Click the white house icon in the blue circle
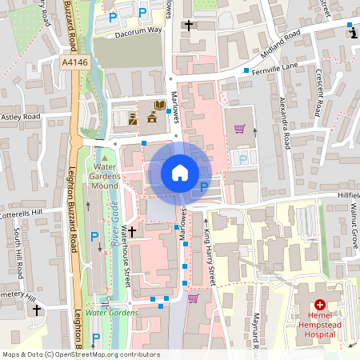point(179,173)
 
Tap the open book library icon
point(159,105)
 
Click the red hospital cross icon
point(320,305)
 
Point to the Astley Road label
point(20,117)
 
